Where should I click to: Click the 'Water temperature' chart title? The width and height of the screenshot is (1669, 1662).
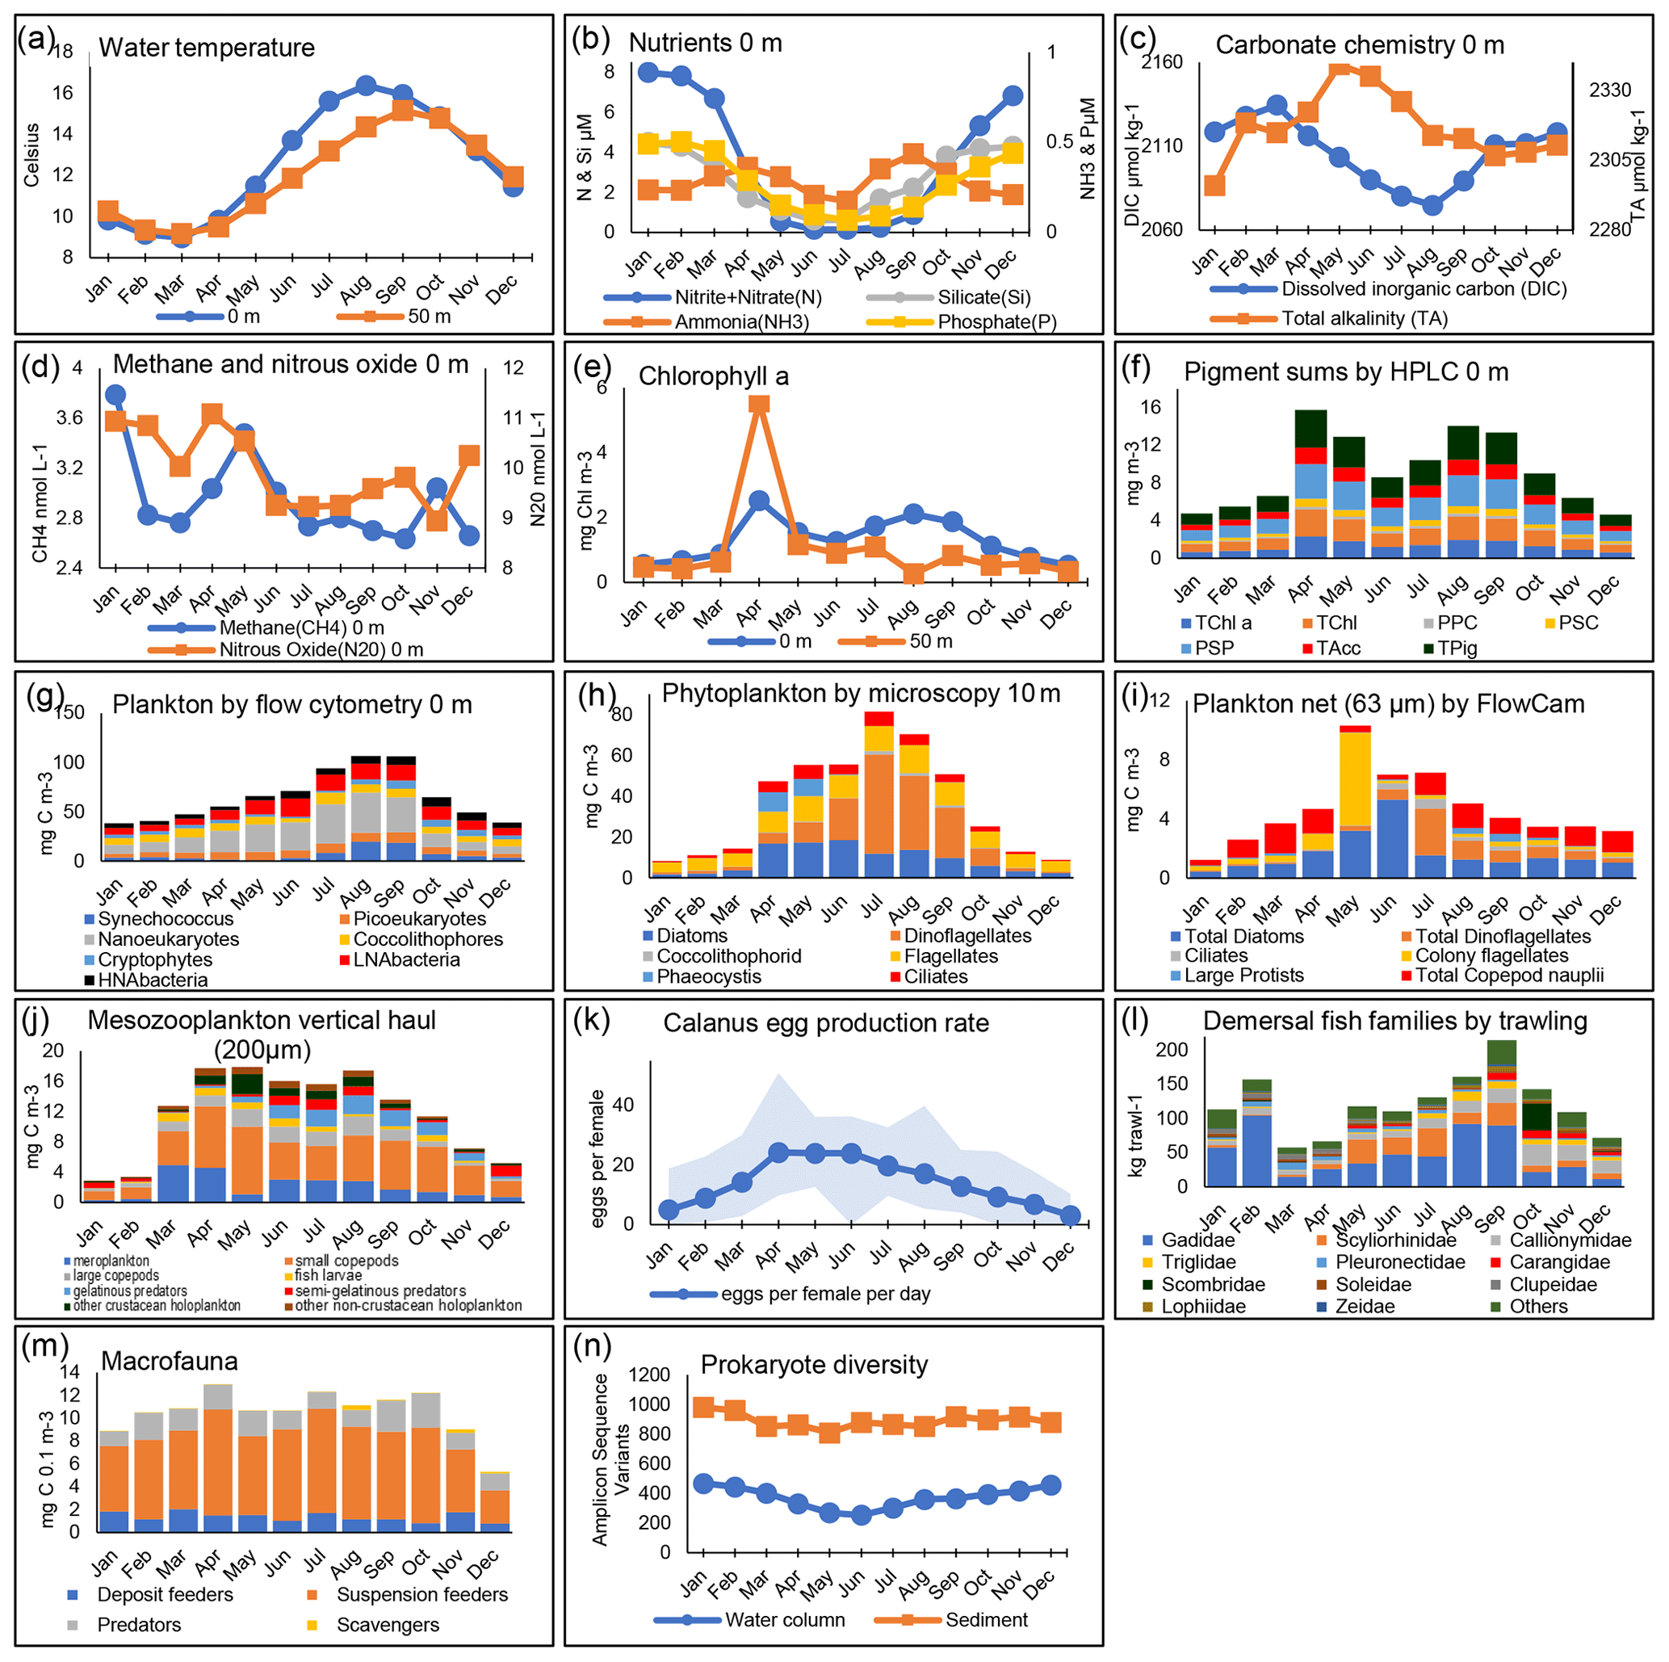tap(207, 48)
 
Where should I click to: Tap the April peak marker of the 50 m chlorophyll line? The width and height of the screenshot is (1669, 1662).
tap(758, 405)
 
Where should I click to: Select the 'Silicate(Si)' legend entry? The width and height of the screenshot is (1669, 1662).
tap(983, 298)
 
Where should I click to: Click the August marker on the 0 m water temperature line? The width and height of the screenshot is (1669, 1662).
tap(366, 86)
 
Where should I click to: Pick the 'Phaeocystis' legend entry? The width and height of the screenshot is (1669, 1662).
tap(708, 977)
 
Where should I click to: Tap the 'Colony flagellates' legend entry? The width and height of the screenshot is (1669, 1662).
tap(1491, 955)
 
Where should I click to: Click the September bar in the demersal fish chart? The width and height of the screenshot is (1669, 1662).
tap(1501, 1114)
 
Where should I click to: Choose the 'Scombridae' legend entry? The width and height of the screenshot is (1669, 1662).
tap(1212, 1285)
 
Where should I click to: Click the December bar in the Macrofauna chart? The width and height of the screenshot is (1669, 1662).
tap(495, 1502)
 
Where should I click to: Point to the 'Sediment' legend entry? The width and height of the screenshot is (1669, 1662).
tap(986, 1620)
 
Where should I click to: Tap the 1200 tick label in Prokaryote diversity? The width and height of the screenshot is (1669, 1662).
tap(650, 1375)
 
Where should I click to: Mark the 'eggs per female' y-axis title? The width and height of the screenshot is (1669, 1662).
tap(597, 1157)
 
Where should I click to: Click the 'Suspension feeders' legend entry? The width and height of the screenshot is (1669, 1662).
tap(421, 1595)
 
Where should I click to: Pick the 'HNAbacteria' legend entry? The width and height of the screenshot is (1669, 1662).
tap(152, 980)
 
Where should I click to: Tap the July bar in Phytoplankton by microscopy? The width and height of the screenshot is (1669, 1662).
tap(879, 795)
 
